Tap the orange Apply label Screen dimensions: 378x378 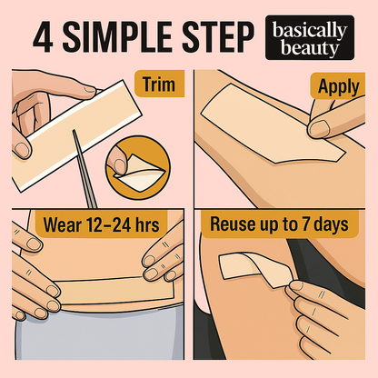coord(338,87)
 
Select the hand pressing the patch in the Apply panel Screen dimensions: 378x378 coord(336,127)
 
